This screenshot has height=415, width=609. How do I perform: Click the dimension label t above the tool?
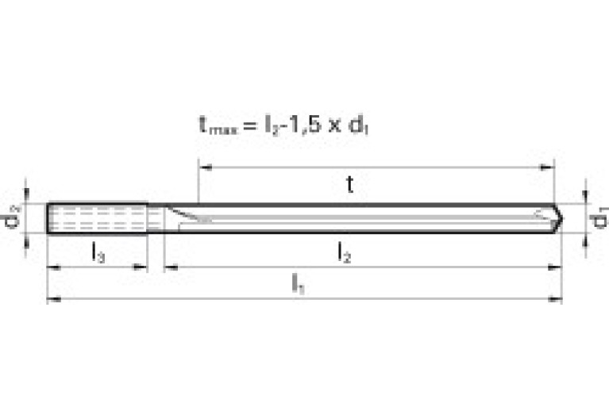(349, 185)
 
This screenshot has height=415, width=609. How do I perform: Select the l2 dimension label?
(344, 252)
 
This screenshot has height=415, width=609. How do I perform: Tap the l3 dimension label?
(98, 252)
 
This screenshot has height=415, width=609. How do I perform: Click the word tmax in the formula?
(214, 125)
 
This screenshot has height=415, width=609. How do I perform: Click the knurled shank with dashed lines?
(97, 218)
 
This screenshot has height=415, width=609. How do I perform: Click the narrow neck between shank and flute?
(156, 218)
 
